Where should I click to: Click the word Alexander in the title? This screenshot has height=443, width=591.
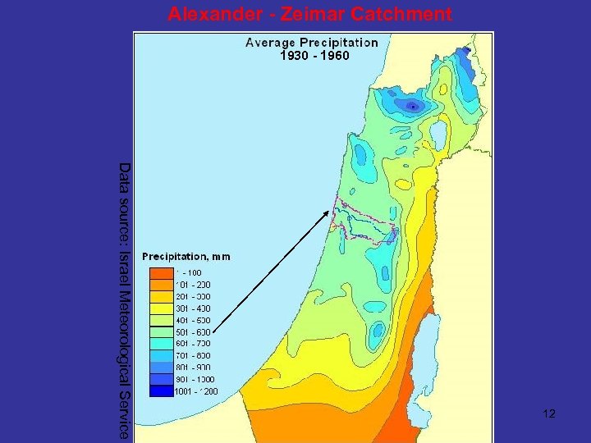[x=208, y=14]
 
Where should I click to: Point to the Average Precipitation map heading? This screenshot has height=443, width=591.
[x=312, y=43]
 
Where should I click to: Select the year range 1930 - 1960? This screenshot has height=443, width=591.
[x=314, y=57]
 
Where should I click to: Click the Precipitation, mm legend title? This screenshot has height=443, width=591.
[x=186, y=257]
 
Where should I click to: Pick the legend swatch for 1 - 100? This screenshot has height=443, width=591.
[x=161, y=272]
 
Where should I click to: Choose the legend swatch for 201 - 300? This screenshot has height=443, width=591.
[x=161, y=295]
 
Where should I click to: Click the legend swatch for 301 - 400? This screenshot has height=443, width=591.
[x=161, y=308]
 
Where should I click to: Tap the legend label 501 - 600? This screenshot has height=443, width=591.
[x=193, y=331]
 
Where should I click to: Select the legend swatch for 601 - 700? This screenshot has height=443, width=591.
[x=161, y=343]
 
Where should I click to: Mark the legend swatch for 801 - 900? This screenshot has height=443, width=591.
[x=161, y=367]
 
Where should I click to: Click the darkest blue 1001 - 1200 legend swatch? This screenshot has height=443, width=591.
[x=161, y=390]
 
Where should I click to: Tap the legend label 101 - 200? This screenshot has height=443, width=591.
[x=193, y=284]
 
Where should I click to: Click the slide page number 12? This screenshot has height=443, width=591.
[x=549, y=413]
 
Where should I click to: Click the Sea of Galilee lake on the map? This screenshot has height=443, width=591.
[x=438, y=130]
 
